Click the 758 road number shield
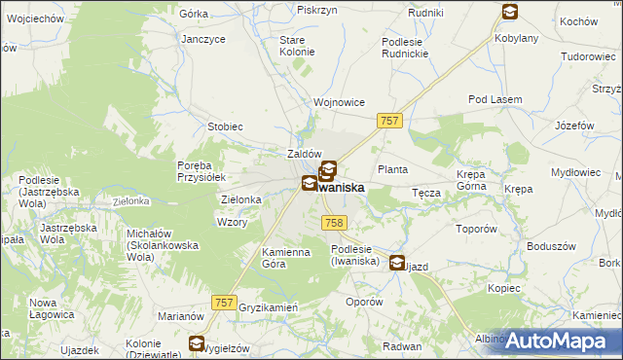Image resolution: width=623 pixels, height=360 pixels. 333,223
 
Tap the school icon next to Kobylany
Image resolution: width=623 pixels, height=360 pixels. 510,13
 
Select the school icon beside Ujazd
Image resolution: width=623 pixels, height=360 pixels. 397,262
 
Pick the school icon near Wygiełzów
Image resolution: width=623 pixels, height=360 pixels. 197,343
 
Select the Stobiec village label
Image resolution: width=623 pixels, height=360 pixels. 225,126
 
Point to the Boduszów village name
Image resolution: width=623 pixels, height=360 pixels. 547,245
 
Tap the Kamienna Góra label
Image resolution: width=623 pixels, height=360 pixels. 285,258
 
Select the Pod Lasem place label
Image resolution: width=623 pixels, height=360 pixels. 495,100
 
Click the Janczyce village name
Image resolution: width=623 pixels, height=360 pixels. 203,39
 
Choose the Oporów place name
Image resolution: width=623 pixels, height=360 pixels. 365,302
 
